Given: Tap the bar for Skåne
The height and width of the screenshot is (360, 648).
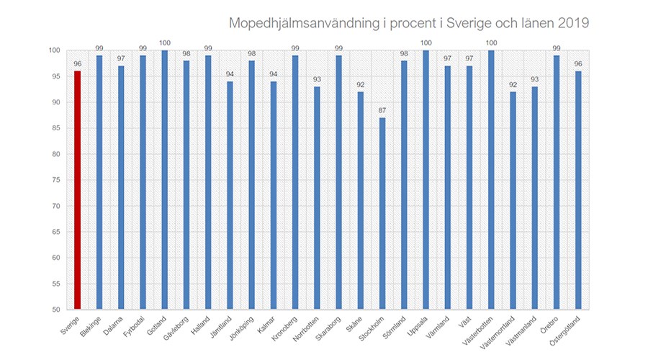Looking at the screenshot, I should (x=360, y=201).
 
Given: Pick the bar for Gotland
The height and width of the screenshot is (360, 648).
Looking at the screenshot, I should (x=164, y=180).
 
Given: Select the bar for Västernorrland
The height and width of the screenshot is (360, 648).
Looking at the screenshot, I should (x=512, y=201).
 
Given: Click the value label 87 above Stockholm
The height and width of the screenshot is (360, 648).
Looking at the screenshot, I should (x=382, y=111).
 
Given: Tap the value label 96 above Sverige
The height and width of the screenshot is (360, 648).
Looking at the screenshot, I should (x=77, y=64).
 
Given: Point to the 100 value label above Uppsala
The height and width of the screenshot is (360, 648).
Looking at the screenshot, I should (x=425, y=43).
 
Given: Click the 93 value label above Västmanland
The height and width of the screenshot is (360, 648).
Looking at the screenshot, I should (x=534, y=80).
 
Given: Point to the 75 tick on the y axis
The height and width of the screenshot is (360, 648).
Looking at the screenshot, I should (x=54, y=180).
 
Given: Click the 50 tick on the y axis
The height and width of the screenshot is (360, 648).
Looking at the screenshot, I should (x=54, y=310).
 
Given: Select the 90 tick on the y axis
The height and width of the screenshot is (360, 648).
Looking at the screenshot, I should (x=54, y=102).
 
